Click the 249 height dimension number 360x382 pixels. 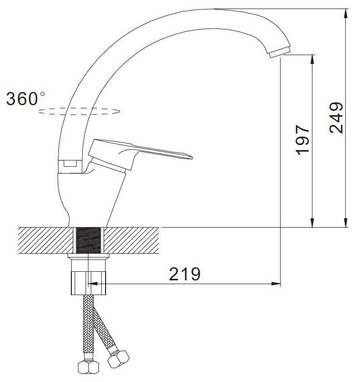tap(336, 118)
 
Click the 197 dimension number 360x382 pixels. tap(302, 140)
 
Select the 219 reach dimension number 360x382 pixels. tap(185, 274)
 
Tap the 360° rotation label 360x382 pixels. tap(26, 98)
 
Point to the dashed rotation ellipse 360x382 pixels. tap(79, 111)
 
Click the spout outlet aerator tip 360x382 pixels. tap(280, 52)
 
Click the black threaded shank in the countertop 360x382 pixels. tap(88, 240)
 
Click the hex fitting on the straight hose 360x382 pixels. tap(88, 367)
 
